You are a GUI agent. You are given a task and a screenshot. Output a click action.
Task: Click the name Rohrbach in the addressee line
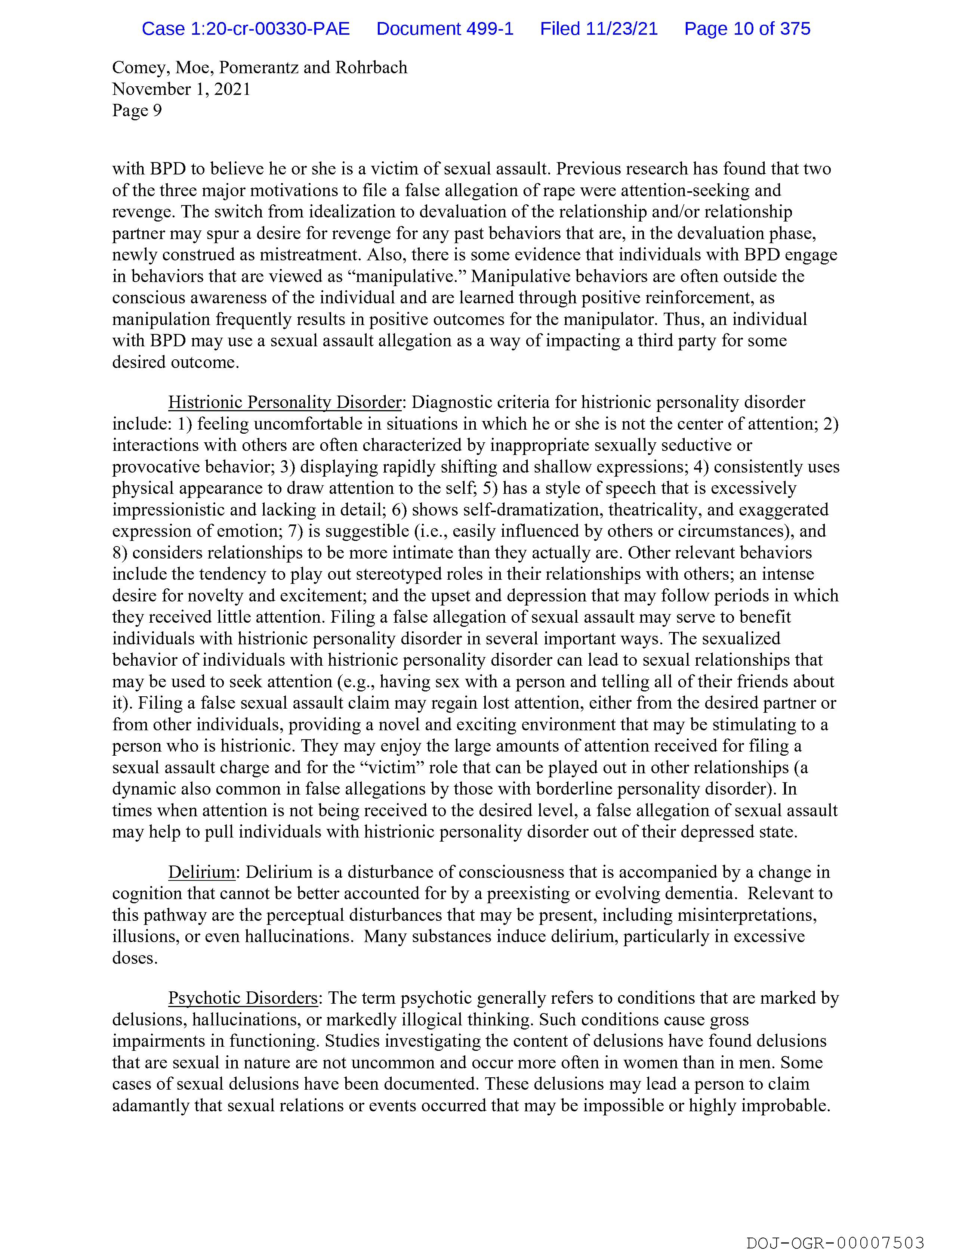point(371,68)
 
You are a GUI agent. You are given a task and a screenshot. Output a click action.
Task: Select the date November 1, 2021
point(181,89)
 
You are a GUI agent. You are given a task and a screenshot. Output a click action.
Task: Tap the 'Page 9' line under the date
point(137,111)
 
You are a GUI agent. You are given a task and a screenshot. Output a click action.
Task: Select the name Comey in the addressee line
point(139,68)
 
